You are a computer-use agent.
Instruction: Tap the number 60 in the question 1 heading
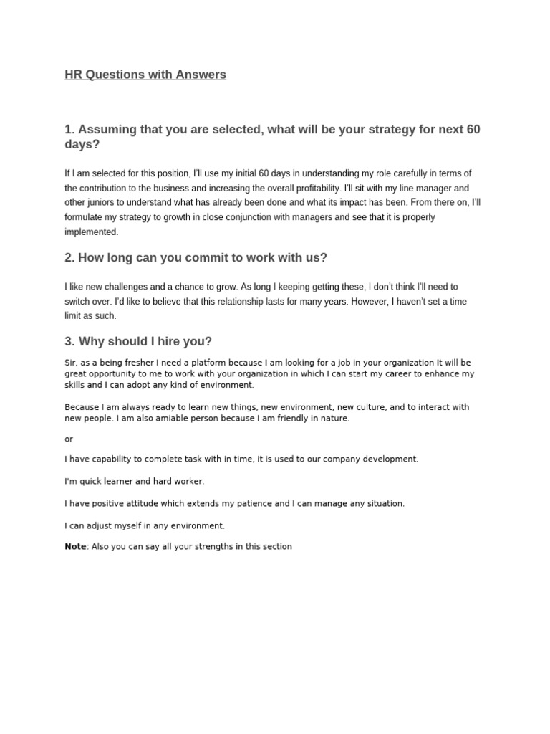(473, 130)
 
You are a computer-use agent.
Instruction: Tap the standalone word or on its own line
(69, 439)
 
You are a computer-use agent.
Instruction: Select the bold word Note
(75, 546)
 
